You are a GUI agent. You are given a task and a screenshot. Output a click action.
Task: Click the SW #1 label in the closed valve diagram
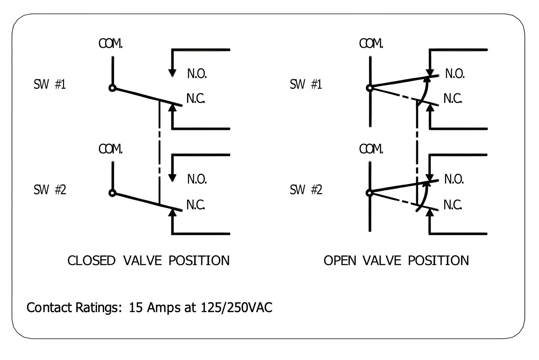[49, 84]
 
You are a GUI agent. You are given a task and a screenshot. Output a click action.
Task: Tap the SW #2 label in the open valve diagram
[306, 190]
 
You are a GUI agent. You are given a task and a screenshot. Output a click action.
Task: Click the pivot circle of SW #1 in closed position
[112, 88]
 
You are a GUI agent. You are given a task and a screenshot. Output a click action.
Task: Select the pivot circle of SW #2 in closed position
[112, 193]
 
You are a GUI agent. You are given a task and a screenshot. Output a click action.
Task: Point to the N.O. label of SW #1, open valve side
[455, 74]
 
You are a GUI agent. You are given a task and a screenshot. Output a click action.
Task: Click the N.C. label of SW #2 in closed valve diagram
[196, 205]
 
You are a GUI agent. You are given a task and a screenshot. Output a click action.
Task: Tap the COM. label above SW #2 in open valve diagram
[371, 149]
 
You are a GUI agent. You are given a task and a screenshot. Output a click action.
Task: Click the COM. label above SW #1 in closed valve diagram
[111, 44]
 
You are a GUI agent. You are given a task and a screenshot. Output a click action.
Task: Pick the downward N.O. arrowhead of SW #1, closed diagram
[172, 73]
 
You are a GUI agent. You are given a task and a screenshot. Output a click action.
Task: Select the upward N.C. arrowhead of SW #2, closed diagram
[172, 212]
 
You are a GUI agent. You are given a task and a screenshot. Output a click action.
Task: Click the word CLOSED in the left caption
[91, 261]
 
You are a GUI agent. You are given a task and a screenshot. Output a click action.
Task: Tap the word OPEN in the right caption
[340, 261]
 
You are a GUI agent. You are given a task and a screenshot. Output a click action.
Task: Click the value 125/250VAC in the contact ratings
[236, 307]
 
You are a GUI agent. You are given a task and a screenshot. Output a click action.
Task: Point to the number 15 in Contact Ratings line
[136, 307]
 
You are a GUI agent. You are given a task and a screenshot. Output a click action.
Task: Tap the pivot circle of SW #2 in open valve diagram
[370, 193]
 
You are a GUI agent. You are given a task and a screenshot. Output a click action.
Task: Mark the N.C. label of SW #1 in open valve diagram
[453, 99]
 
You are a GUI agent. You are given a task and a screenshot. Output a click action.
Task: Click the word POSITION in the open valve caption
[438, 261]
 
